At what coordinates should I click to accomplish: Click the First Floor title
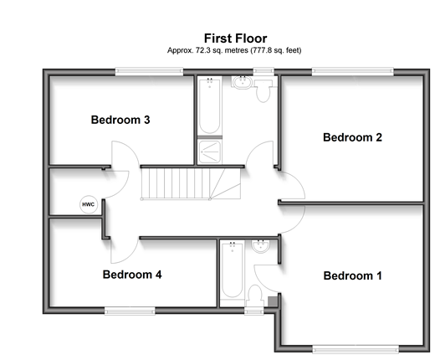point(235,39)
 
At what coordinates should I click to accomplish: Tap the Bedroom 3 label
point(120,120)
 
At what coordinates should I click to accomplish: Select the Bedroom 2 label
point(352,137)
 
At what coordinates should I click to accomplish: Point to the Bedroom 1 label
point(352,275)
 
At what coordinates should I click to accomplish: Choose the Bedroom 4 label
point(132,275)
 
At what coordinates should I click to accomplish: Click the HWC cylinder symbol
point(89,204)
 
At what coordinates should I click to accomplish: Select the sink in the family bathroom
point(242,83)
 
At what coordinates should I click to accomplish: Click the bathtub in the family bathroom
point(209,105)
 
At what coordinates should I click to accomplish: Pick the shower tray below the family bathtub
point(210,152)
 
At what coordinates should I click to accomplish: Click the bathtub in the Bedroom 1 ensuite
point(232,270)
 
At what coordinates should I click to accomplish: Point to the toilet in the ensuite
point(255,296)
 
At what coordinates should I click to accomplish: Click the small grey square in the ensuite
point(273,301)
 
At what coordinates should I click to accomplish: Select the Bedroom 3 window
point(150,72)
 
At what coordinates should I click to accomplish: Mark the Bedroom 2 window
point(352,72)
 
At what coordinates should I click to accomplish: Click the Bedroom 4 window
point(130,311)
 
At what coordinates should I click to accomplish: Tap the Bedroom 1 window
point(356,349)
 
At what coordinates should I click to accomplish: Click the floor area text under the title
point(234,50)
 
